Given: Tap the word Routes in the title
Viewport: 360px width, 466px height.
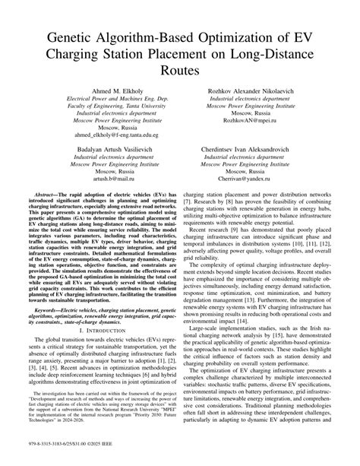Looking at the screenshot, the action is [x=180, y=71].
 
